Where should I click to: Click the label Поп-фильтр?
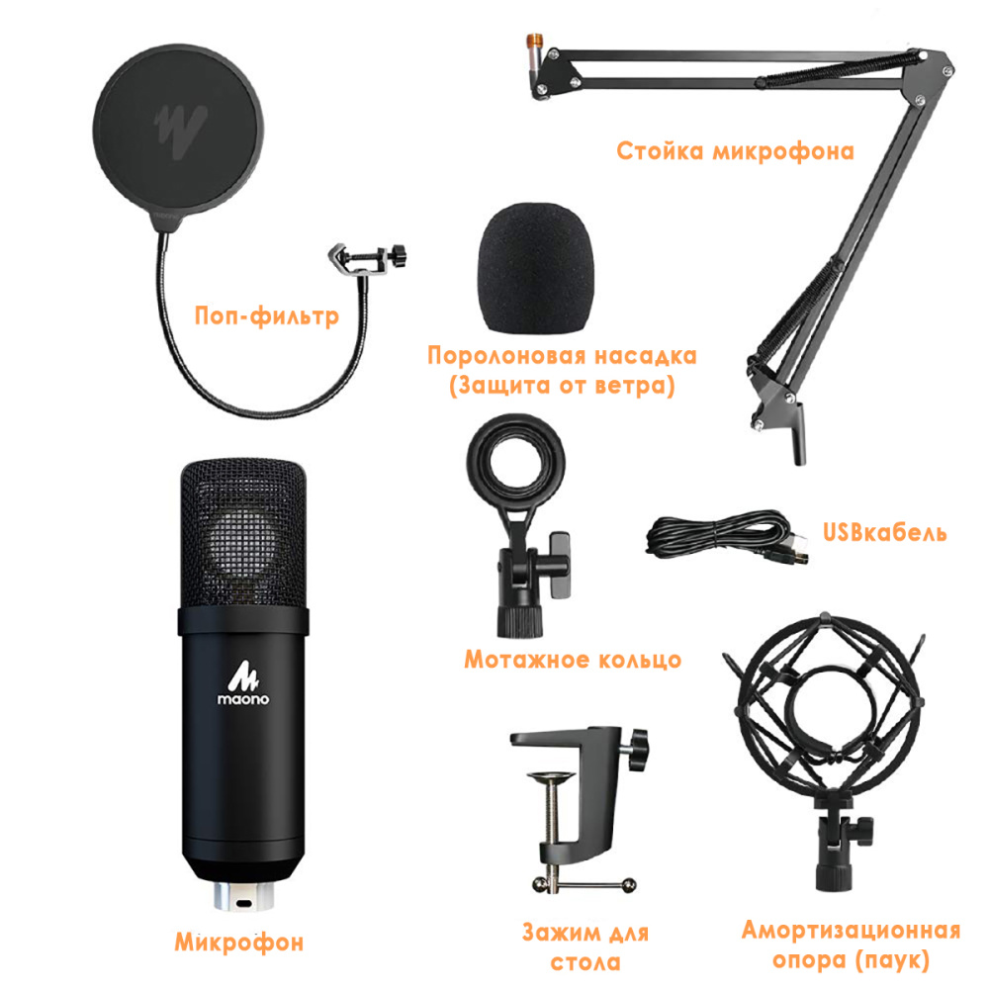266,316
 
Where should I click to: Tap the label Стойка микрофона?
735,151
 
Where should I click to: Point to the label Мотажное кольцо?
573,660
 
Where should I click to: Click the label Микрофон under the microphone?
238,942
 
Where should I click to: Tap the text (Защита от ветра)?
561,387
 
